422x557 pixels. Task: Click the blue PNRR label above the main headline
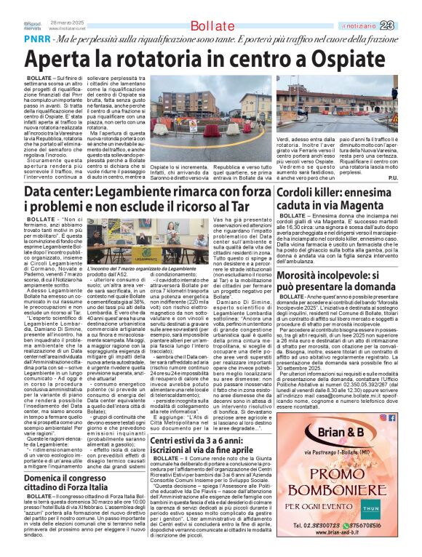tap(18, 38)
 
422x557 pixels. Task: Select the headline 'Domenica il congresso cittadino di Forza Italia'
tap(71, 481)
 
